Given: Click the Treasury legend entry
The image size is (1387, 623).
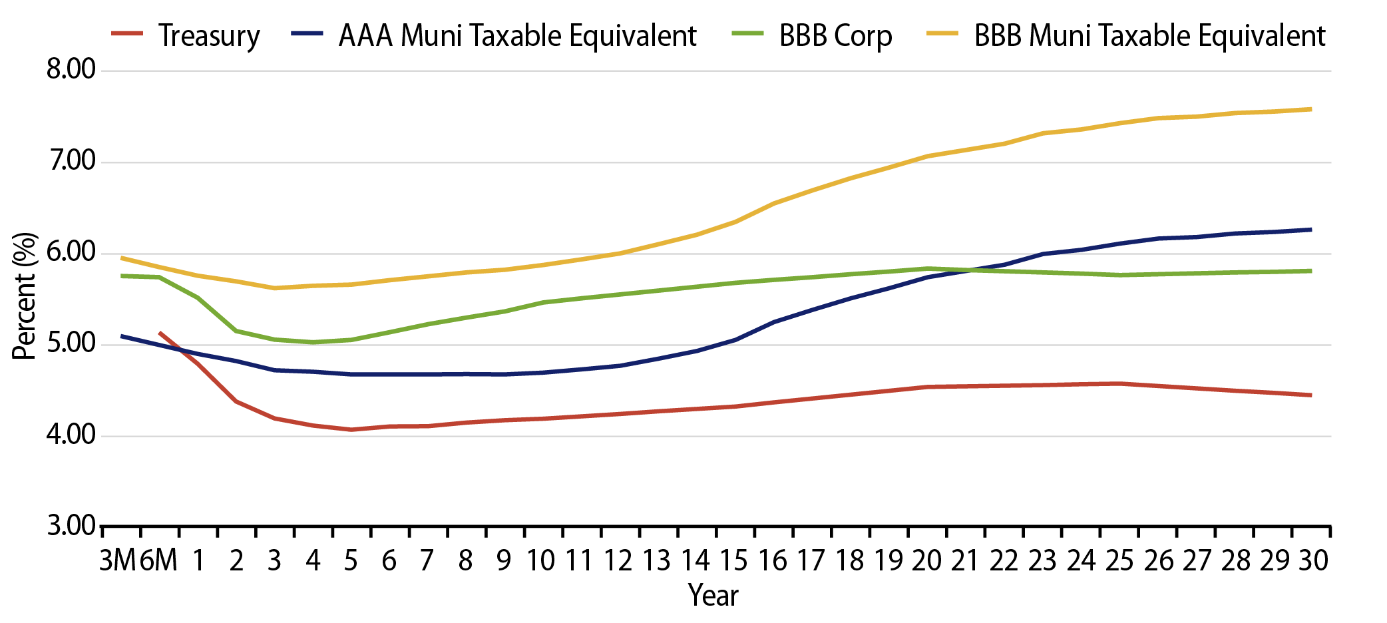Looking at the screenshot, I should click(208, 35).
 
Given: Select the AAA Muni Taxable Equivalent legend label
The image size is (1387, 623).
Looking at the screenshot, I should click(517, 35).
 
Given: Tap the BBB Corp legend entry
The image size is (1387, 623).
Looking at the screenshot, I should click(835, 35).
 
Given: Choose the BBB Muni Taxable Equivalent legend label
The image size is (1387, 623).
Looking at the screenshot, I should click(1149, 35).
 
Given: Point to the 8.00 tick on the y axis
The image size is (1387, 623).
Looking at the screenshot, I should click(71, 69).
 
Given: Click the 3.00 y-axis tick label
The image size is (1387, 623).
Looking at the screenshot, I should click(71, 526).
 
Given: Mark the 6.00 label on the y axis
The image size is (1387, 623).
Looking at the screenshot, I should click(71, 252).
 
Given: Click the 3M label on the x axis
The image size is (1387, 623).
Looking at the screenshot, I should click(118, 561).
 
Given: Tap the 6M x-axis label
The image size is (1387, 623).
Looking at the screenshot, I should click(159, 561).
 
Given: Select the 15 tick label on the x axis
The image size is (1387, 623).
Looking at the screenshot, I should click(734, 561).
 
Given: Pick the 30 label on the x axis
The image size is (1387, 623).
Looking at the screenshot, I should click(1313, 561).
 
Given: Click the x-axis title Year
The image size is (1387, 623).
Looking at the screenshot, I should click(713, 595).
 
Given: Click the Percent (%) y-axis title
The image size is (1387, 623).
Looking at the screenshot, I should click(25, 296).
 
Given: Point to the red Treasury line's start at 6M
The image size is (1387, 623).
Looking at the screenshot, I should click(160, 332).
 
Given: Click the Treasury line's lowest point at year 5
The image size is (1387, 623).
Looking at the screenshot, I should click(351, 429).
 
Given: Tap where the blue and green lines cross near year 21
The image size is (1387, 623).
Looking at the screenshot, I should click(972, 270).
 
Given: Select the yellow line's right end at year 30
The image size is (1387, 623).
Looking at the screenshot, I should click(1310, 109).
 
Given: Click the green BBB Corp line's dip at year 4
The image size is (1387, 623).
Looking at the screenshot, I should click(313, 342).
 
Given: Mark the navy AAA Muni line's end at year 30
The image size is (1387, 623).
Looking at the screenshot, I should click(1310, 230).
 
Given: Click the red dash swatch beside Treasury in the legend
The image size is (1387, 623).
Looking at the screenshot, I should click(127, 33).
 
